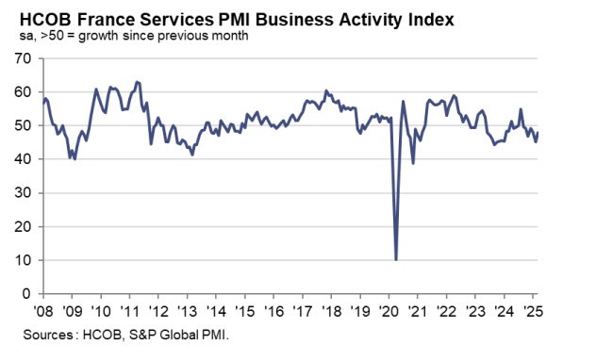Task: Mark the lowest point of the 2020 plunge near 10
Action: [396, 259]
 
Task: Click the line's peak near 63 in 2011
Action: [138, 82]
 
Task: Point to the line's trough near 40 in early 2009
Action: [74, 159]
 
